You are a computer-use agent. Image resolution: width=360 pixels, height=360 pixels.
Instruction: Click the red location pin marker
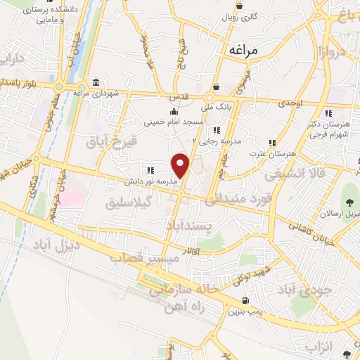181,166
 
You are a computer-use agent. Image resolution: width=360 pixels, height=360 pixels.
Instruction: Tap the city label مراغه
244,51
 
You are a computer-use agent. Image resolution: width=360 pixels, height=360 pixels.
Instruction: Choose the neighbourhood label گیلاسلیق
129,203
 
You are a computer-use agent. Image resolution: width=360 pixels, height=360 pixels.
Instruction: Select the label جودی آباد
300,289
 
